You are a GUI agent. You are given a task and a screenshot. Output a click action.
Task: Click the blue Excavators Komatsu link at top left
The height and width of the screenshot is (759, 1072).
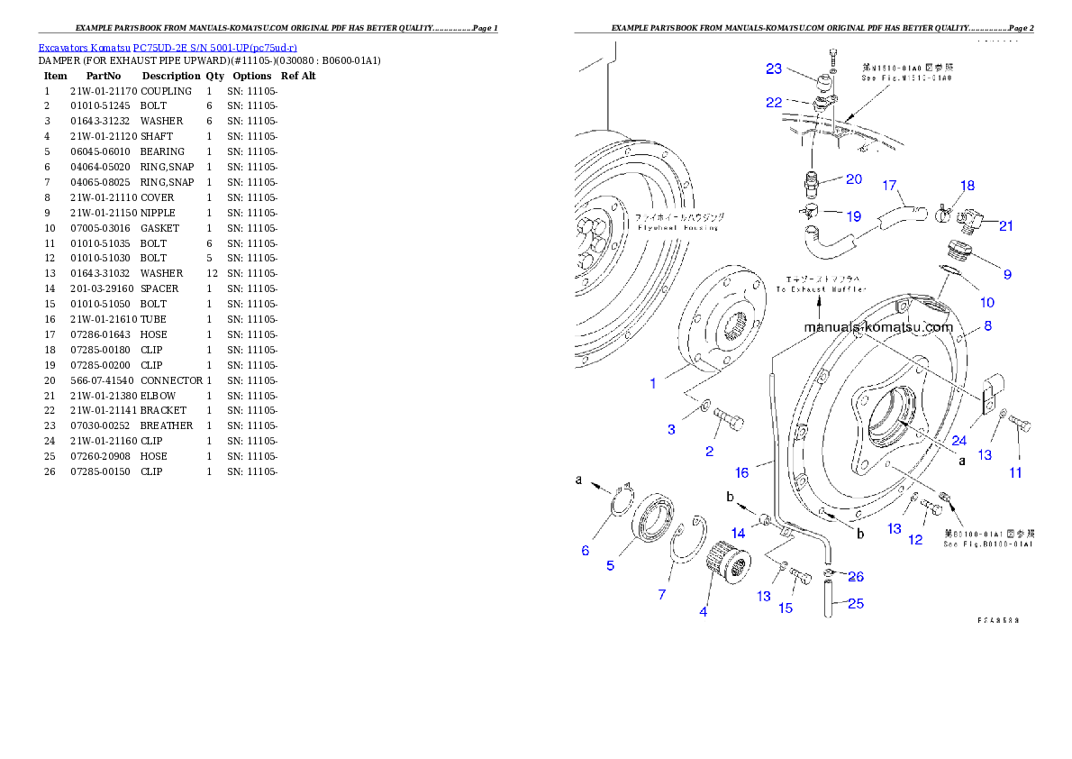168,48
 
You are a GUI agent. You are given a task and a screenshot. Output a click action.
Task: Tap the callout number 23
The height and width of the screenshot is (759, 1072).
774,69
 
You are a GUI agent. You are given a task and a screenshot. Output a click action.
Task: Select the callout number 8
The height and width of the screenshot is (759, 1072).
987,326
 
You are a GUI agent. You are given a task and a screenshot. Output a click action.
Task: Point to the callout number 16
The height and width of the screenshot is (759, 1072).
741,472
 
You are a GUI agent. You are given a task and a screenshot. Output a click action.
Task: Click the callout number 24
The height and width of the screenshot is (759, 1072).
958,441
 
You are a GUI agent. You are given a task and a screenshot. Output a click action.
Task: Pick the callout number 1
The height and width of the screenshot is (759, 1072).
653,383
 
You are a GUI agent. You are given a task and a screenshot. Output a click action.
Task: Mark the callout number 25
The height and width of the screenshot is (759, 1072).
855,603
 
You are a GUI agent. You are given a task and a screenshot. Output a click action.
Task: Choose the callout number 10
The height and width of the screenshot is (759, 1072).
986,303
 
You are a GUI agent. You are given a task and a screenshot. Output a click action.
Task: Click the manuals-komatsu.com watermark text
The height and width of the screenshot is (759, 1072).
877,328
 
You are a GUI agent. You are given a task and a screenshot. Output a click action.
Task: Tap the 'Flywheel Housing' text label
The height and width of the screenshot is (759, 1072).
665,227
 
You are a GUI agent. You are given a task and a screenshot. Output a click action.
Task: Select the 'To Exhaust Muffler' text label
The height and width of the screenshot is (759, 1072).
821,289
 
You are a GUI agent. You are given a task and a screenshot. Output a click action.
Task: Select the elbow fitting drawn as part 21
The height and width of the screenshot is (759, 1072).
970,218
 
